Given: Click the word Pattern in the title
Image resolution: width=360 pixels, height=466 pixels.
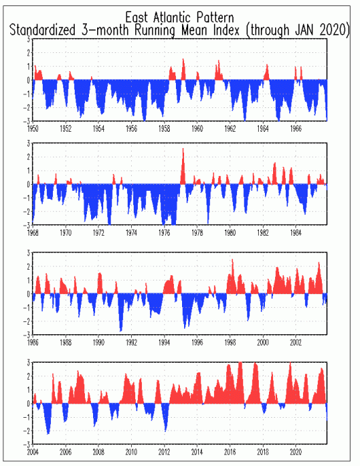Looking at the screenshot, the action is coord(215,17).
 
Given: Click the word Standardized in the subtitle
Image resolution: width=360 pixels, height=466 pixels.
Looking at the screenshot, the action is coord(43,30).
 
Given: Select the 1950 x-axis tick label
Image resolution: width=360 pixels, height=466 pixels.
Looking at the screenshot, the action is coord(33,128).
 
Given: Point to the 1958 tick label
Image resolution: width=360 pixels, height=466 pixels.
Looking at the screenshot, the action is coord(164,128).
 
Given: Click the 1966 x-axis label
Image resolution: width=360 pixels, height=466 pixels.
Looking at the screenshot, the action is coord(295,128).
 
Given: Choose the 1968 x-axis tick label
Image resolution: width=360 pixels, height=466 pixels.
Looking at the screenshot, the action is coord(33,233).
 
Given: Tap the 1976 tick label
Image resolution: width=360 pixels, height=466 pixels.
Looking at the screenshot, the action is coord(164,233).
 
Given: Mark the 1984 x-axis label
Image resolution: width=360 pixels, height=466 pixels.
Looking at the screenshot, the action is coord(295,233).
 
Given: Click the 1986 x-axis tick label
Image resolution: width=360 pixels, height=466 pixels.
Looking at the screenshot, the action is coord(33,342).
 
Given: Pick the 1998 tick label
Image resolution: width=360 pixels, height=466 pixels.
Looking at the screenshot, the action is coord(230,342).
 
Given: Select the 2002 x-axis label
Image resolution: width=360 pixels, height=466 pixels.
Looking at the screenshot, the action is coord(295,342).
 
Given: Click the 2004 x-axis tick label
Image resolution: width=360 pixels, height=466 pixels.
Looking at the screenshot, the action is coord(33,452).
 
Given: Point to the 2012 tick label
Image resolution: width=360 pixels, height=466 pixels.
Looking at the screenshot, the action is coord(164,452).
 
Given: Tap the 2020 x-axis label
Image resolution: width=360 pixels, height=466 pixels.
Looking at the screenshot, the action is coord(295,452).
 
